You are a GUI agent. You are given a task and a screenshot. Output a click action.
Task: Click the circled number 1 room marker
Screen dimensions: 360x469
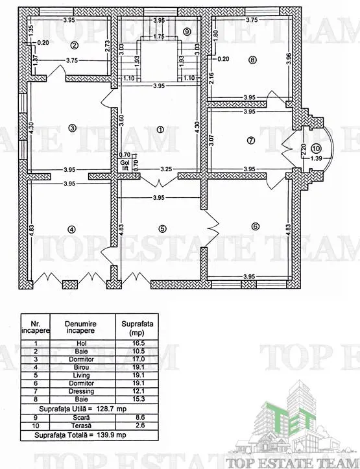(x=161, y=130)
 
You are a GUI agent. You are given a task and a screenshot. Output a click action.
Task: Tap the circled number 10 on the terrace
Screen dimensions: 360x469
(x=317, y=148)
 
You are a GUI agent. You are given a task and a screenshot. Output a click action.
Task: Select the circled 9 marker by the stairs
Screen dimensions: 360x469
(x=187, y=30)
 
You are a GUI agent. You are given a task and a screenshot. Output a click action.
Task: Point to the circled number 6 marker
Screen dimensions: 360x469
(x=255, y=227)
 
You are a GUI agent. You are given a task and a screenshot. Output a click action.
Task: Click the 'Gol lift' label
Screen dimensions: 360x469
(x=125, y=165)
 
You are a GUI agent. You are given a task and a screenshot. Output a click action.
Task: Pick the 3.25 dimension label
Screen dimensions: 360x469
(x=166, y=169)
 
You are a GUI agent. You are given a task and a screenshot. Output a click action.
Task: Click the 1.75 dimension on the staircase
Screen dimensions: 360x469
(x=159, y=36)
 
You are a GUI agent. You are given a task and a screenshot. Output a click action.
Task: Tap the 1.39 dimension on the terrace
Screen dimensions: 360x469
(x=317, y=158)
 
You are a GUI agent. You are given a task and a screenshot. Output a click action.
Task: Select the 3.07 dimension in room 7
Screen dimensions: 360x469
(x=211, y=140)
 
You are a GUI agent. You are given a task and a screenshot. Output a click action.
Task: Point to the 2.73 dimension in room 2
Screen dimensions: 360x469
(x=108, y=46)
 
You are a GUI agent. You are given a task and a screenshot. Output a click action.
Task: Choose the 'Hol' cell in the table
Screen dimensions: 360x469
(x=81, y=343)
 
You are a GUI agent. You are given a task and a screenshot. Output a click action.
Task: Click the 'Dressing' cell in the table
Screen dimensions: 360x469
(x=81, y=391)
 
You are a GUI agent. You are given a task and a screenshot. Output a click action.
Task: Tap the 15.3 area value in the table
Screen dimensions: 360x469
(x=138, y=399)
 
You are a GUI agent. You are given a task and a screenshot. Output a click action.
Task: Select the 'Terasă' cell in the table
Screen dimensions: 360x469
(x=81, y=426)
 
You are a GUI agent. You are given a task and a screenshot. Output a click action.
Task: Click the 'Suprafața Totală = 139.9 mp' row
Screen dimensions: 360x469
(x=80, y=435)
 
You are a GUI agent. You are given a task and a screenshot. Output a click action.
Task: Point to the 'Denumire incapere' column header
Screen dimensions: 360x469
(x=80, y=327)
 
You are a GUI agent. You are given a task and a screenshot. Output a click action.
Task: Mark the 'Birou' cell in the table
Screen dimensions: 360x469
(x=81, y=367)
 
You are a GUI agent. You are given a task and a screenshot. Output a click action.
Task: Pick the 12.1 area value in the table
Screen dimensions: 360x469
(x=138, y=391)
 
